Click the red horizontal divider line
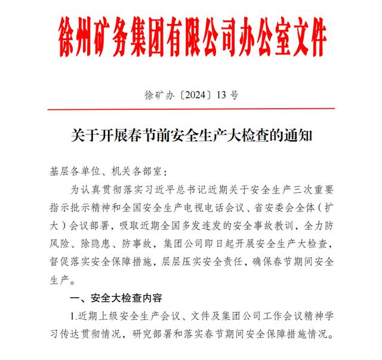click(x=190, y=109)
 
